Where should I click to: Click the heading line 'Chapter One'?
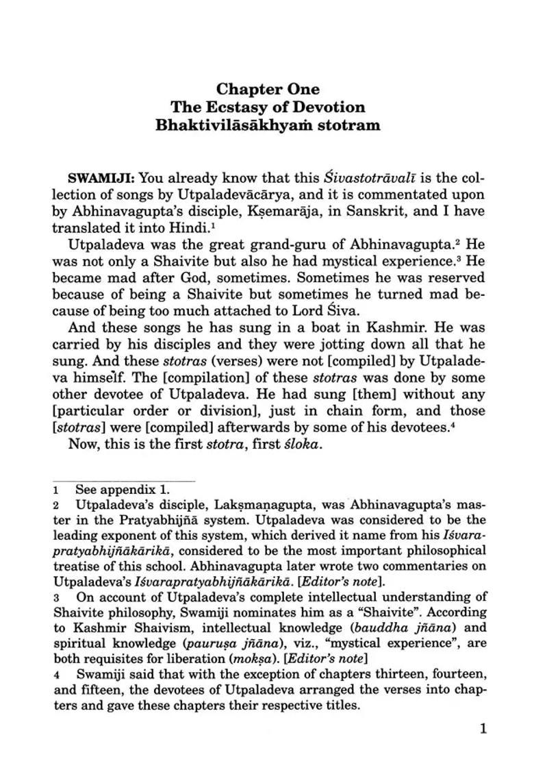[268, 89]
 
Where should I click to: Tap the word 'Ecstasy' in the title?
[264, 107]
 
